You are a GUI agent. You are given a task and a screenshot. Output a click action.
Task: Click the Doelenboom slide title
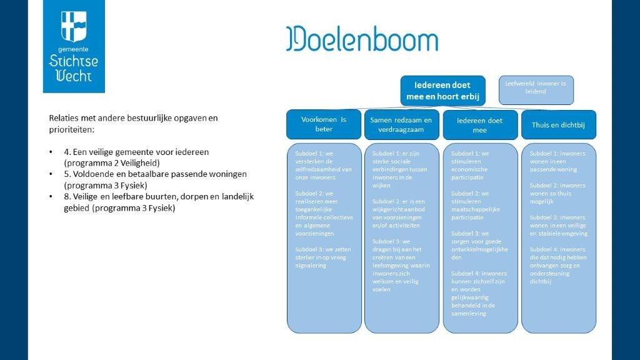click(362, 39)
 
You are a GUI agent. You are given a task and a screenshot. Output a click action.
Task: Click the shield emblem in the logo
click(74, 26)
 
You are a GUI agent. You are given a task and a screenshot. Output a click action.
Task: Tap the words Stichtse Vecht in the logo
click(74, 68)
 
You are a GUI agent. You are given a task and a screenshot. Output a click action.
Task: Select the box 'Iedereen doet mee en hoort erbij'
click(442, 91)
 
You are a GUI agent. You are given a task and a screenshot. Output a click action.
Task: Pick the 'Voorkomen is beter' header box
click(323, 124)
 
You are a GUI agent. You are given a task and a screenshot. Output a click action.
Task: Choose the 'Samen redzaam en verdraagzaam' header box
click(401, 124)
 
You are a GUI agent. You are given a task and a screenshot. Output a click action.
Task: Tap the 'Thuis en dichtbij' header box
click(559, 124)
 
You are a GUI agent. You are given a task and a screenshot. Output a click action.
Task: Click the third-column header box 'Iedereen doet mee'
click(480, 125)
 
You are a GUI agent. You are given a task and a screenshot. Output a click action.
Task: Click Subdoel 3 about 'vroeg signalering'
click(322, 257)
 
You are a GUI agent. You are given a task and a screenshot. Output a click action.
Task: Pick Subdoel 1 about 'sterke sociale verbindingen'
click(401, 169)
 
